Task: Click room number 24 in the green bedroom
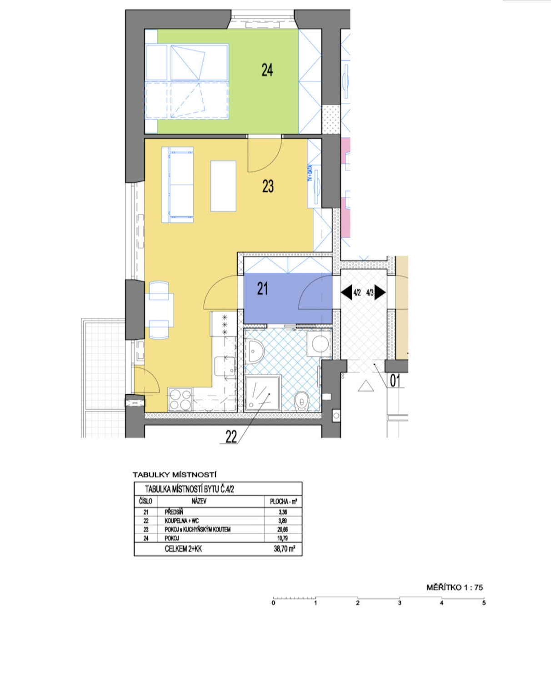coord(267,70)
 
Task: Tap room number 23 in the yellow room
coord(268,186)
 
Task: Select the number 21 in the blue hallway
coord(262,289)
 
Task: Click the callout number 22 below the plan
coord(231,437)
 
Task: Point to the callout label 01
coord(395,381)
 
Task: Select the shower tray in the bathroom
coord(263,393)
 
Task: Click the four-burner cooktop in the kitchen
coord(180,400)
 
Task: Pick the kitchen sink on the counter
coord(225,366)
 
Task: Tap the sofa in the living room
coord(178,185)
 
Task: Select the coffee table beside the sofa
coord(224,186)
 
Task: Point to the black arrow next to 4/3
coord(380,292)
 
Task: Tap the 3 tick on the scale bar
coord(400,603)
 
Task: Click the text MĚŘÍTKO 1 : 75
coord(455,588)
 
